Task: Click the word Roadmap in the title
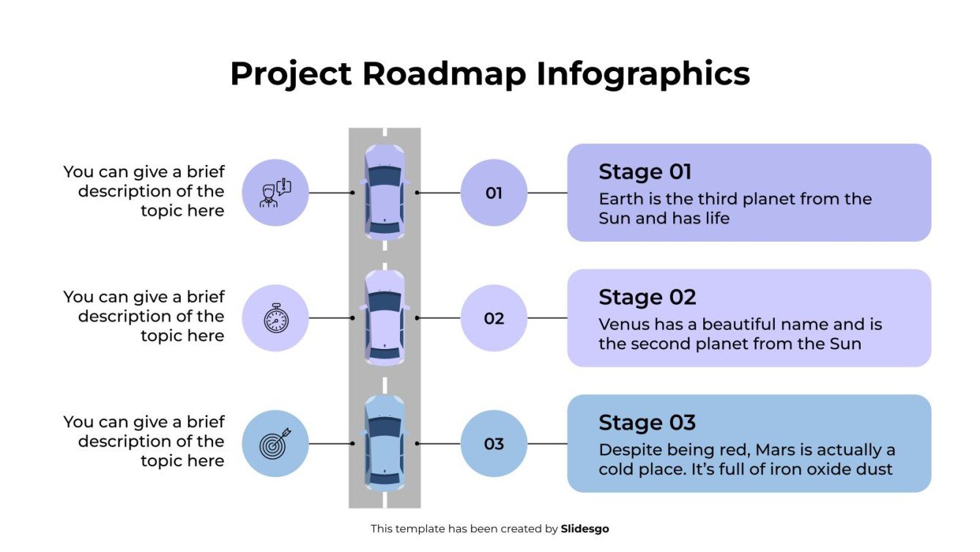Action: (440, 74)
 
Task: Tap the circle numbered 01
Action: (494, 193)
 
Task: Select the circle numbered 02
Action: (494, 318)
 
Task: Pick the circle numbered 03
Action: (494, 444)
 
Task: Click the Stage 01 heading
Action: (645, 172)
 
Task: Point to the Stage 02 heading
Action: (647, 297)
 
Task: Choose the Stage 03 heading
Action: (647, 422)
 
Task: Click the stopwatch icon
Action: (275, 318)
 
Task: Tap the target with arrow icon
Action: (275, 444)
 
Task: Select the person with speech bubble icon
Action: (275, 193)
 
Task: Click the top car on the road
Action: (385, 192)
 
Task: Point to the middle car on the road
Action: (385, 317)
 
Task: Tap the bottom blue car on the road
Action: (385, 443)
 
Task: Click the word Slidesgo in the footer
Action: (584, 529)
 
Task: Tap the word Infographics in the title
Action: (642, 74)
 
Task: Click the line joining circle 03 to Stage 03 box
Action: (547, 444)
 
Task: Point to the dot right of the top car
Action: (417, 193)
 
